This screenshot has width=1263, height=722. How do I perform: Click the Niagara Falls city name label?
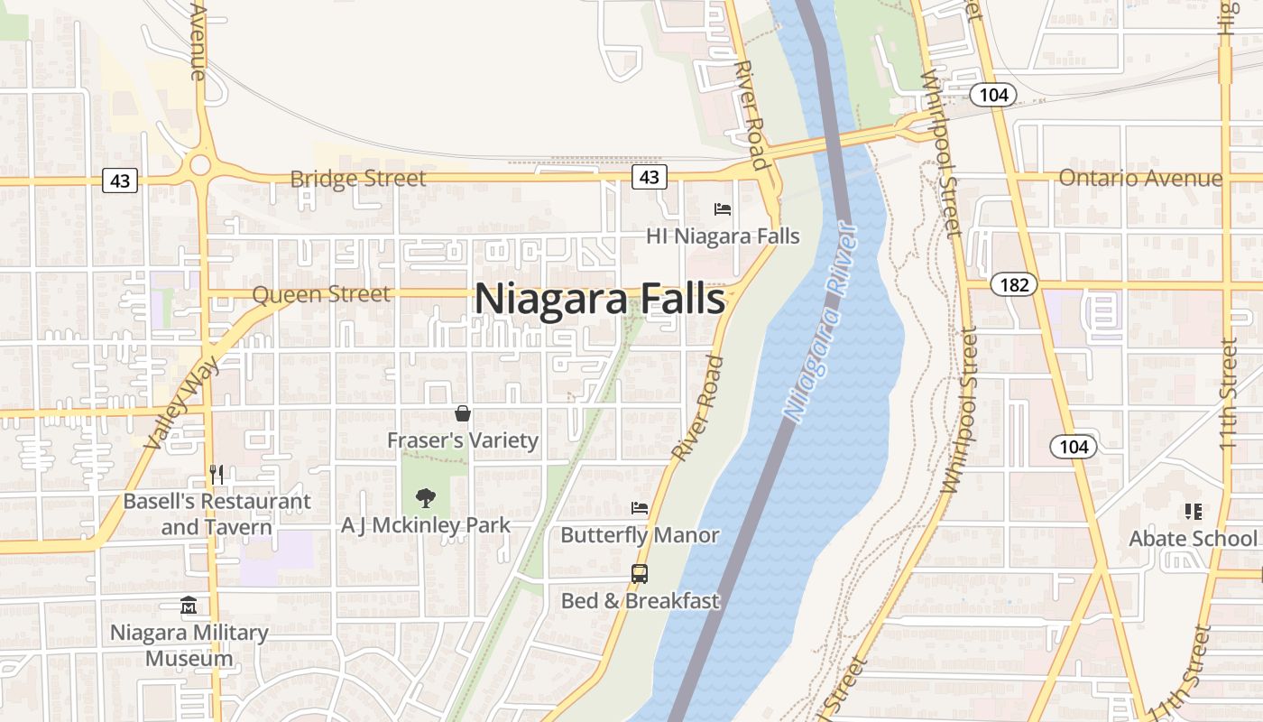point(599,299)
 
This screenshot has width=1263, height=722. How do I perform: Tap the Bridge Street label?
point(357,179)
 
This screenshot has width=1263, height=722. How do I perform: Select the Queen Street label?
point(321,294)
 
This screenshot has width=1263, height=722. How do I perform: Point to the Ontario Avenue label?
point(1140,178)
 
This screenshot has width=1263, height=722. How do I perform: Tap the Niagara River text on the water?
point(821,325)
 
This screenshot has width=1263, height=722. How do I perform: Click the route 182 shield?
point(1014,285)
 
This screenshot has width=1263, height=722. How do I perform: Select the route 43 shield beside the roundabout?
point(120,181)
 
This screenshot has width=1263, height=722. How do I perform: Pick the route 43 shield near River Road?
point(649,177)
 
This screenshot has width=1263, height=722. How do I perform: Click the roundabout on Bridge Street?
point(199,165)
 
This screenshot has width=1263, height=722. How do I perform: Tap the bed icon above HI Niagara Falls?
point(723,209)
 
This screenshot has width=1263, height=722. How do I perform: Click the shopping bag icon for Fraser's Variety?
point(463,413)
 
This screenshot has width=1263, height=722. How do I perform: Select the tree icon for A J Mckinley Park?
point(425,497)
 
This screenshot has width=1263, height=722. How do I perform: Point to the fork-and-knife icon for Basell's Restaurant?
point(217,474)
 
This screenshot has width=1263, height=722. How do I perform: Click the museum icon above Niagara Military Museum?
point(189,606)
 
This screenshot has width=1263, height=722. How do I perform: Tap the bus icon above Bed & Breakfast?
point(640,574)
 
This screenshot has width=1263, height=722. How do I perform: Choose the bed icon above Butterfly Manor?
point(640,508)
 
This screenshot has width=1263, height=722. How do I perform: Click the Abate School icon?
point(1194,512)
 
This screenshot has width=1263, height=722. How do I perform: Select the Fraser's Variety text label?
point(463,440)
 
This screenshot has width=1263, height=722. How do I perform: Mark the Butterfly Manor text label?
point(640,535)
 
